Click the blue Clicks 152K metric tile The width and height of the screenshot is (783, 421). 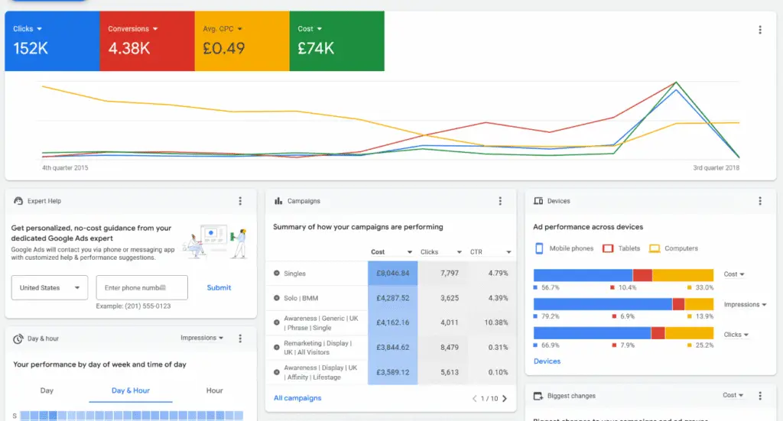52,40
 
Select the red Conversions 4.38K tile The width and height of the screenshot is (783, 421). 147,40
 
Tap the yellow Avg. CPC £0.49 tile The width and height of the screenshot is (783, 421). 242,40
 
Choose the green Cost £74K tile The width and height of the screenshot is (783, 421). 337,40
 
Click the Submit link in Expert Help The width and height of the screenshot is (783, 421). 219,288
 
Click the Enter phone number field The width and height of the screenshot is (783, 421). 141,288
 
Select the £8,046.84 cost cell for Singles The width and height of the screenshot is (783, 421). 393,273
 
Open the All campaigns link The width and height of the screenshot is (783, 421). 297,398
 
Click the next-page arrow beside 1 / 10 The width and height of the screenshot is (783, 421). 505,399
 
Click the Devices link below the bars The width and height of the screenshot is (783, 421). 547,361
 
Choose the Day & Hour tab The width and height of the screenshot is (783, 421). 131,390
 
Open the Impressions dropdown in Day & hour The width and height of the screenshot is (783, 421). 202,338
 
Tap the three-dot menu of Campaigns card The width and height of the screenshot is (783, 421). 500,201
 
